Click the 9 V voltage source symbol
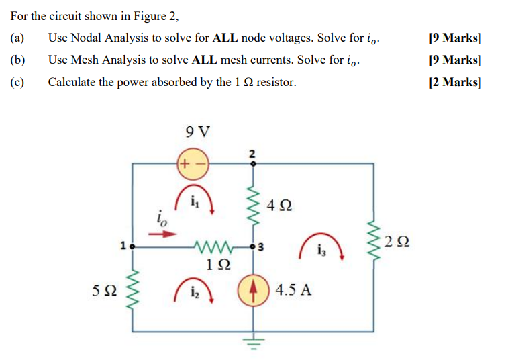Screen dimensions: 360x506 193,163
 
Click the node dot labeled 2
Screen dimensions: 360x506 253,163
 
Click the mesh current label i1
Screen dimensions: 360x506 194,200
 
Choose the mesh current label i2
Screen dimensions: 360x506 193,291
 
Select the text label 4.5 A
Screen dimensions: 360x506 293,291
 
